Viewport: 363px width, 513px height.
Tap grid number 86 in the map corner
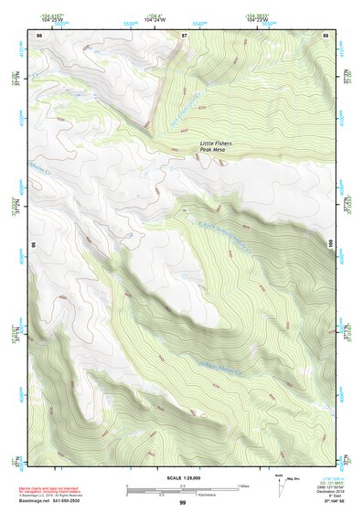click(39, 34)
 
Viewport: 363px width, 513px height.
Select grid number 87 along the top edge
click(184, 34)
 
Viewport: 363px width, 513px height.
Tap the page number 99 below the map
click(182, 502)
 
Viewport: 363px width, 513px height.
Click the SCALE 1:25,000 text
click(182, 477)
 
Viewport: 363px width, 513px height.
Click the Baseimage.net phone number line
click(65, 501)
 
